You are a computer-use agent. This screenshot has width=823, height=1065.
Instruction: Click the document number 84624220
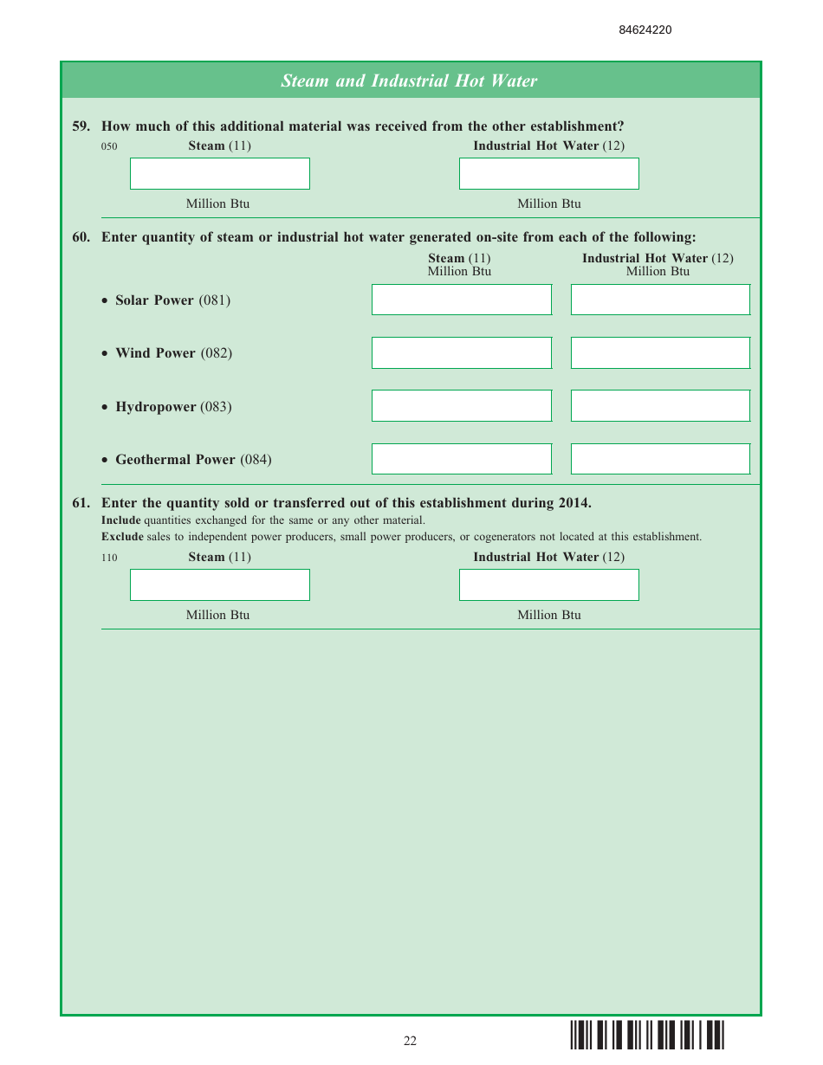pos(645,30)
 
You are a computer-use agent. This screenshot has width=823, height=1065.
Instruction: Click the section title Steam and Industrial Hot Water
pos(409,81)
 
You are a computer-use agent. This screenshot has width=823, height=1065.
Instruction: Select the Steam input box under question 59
pos(219,173)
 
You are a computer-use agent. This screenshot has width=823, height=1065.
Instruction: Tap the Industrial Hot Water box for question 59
pos(548,173)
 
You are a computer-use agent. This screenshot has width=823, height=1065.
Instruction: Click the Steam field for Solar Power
pos(461,300)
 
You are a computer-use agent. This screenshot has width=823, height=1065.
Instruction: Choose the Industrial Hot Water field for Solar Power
pos(660,300)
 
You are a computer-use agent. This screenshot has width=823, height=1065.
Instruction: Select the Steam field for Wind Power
pos(461,352)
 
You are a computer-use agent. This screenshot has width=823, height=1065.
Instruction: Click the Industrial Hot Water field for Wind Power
pos(660,352)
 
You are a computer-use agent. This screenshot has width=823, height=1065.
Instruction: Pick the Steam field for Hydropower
pos(461,405)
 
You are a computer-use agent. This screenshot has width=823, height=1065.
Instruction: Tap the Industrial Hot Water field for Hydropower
pos(660,405)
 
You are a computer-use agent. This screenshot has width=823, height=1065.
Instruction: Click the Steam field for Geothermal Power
pos(461,459)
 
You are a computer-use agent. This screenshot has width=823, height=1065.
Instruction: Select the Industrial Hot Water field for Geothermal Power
pos(660,459)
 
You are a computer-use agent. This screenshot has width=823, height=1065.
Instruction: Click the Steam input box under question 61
pos(219,584)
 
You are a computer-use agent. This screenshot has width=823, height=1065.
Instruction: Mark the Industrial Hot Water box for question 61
pos(548,584)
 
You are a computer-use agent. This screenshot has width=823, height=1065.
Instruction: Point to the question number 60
pos(81,237)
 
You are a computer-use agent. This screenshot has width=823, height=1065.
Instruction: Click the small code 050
pos(109,147)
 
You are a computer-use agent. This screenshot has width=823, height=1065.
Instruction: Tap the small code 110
pos(109,558)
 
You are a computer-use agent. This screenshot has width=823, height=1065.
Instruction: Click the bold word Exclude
pos(122,537)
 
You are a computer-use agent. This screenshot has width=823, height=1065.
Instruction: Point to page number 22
pos(410,1041)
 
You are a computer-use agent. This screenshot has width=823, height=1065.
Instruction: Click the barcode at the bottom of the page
pos(647,1036)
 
